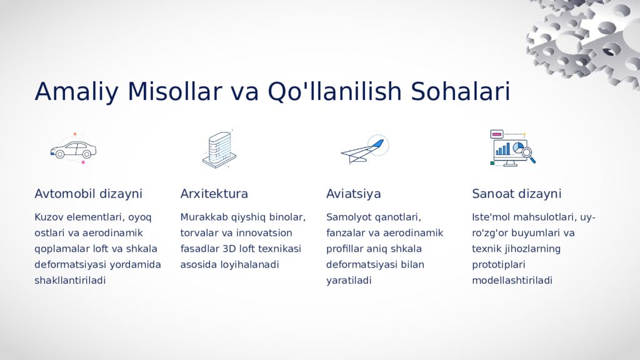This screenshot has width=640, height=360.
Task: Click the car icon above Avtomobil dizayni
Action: click(73, 150)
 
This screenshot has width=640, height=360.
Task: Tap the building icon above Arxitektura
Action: click(219, 149)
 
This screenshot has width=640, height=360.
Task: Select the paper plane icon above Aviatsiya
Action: click(364, 150)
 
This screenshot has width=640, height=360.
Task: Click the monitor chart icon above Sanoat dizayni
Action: click(512, 149)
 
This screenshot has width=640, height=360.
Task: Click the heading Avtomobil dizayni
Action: click(88, 194)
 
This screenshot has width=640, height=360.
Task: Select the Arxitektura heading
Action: click(214, 194)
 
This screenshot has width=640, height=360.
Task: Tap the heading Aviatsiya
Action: click(353, 194)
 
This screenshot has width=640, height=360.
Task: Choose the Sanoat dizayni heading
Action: click(516, 194)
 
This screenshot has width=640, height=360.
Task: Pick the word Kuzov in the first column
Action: click(49, 217)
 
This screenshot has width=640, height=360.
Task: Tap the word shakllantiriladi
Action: click(70, 281)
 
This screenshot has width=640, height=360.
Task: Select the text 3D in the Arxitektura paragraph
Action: click(230, 249)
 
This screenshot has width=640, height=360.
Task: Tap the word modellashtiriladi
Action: click(512, 281)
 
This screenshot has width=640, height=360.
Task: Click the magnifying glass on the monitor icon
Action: click(527, 152)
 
